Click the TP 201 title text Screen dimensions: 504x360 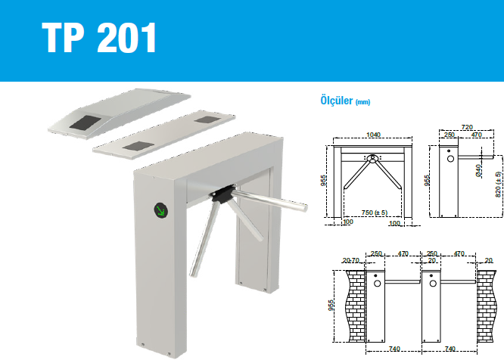(99, 38)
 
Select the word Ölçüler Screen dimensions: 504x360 (337, 101)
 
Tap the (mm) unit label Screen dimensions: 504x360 (363, 102)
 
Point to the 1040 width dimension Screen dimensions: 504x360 (373, 135)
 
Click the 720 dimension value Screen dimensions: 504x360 (467, 127)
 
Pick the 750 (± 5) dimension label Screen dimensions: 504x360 (375, 213)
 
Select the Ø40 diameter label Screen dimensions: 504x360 (478, 170)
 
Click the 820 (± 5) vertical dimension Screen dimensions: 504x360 (498, 185)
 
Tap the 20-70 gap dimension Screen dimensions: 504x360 (350, 260)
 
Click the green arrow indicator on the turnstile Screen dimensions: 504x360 (160, 211)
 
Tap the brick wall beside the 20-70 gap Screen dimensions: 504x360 (355, 306)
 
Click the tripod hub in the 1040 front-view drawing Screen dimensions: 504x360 (372, 158)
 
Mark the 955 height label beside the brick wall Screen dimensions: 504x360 (331, 306)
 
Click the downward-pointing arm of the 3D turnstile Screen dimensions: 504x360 (203, 238)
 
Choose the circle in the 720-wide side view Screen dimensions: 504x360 (450, 159)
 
